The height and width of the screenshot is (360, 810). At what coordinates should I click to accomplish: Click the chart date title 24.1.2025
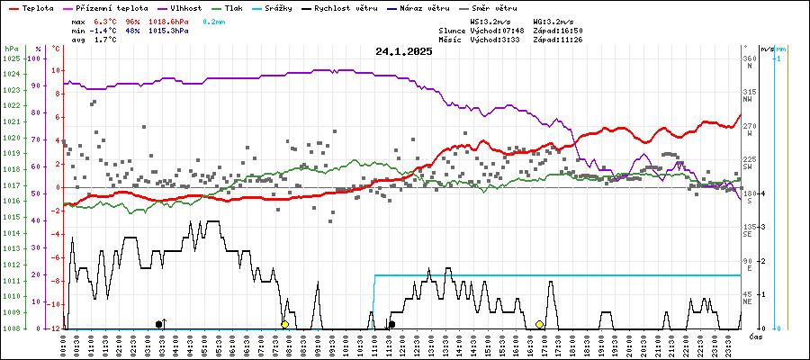pyautogui.click(x=404, y=51)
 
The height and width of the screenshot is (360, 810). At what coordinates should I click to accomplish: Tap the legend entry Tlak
pyautogui.click(x=258, y=7)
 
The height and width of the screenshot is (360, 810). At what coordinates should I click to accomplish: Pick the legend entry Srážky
pyautogui.click(x=313, y=7)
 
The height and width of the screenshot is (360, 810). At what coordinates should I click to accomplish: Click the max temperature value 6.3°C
pyautogui.click(x=106, y=20)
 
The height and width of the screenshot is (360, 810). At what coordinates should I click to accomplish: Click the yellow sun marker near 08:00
pyautogui.click(x=284, y=324)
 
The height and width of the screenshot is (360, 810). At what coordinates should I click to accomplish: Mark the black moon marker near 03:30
pyautogui.click(x=159, y=324)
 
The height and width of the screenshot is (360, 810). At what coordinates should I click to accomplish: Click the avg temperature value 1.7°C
pyautogui.click(x=106, y=40)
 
